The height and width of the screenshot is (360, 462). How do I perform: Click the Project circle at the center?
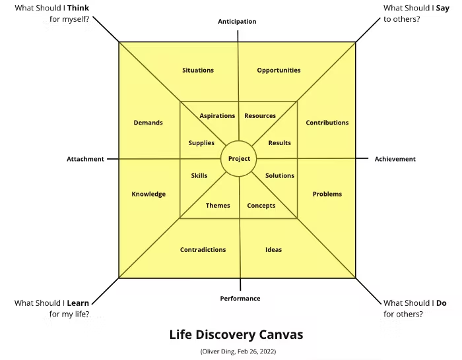pyautogui.click(x=239, y=159)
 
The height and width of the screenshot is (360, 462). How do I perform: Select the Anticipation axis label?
pyautogui.click(x=237, y=22)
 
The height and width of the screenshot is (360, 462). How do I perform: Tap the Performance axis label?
pyautogui.click(x=240, y=299)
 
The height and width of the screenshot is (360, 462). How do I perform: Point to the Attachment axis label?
pyautogui.click(x=85, y=159)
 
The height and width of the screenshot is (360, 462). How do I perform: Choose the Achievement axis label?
pyautogui.click(x=395, y=159)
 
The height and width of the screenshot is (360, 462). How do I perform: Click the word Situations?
pyautogui.click(x=198, y=71)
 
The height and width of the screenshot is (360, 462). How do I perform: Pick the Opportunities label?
pyautogui.click(x=279, y=71)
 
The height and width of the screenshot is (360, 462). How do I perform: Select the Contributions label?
pyautogui.click(x=327, y=123)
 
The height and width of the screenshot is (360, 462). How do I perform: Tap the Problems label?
pyautogui.click(x=327, y=194)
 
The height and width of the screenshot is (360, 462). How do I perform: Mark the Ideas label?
pyautogui.click(x=273, y=250)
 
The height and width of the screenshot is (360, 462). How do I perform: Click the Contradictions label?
pyautogui.click(x=203, y=250)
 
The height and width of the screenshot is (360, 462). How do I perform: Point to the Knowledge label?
pyautogui.click(x=148, y=194)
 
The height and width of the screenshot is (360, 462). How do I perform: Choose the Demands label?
pyautogui.click(x=148, y=123)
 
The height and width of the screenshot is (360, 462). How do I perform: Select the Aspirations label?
pyautogui.click(x=217, y=116)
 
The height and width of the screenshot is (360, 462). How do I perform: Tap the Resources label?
pyautogui.click(x=260, y=116)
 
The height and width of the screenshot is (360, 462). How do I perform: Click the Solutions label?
pyautogui.click(x=280, y=176)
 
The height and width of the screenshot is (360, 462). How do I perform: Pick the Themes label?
pyautogui.click(x=218, y=206)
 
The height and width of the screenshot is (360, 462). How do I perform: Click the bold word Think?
pyautogui.click(x=78, y=8)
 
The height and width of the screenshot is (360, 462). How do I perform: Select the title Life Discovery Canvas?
pyautogui.click(x=236, y=335)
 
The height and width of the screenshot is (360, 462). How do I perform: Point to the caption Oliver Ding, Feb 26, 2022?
pyautogui.click(x=238, y=352)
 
